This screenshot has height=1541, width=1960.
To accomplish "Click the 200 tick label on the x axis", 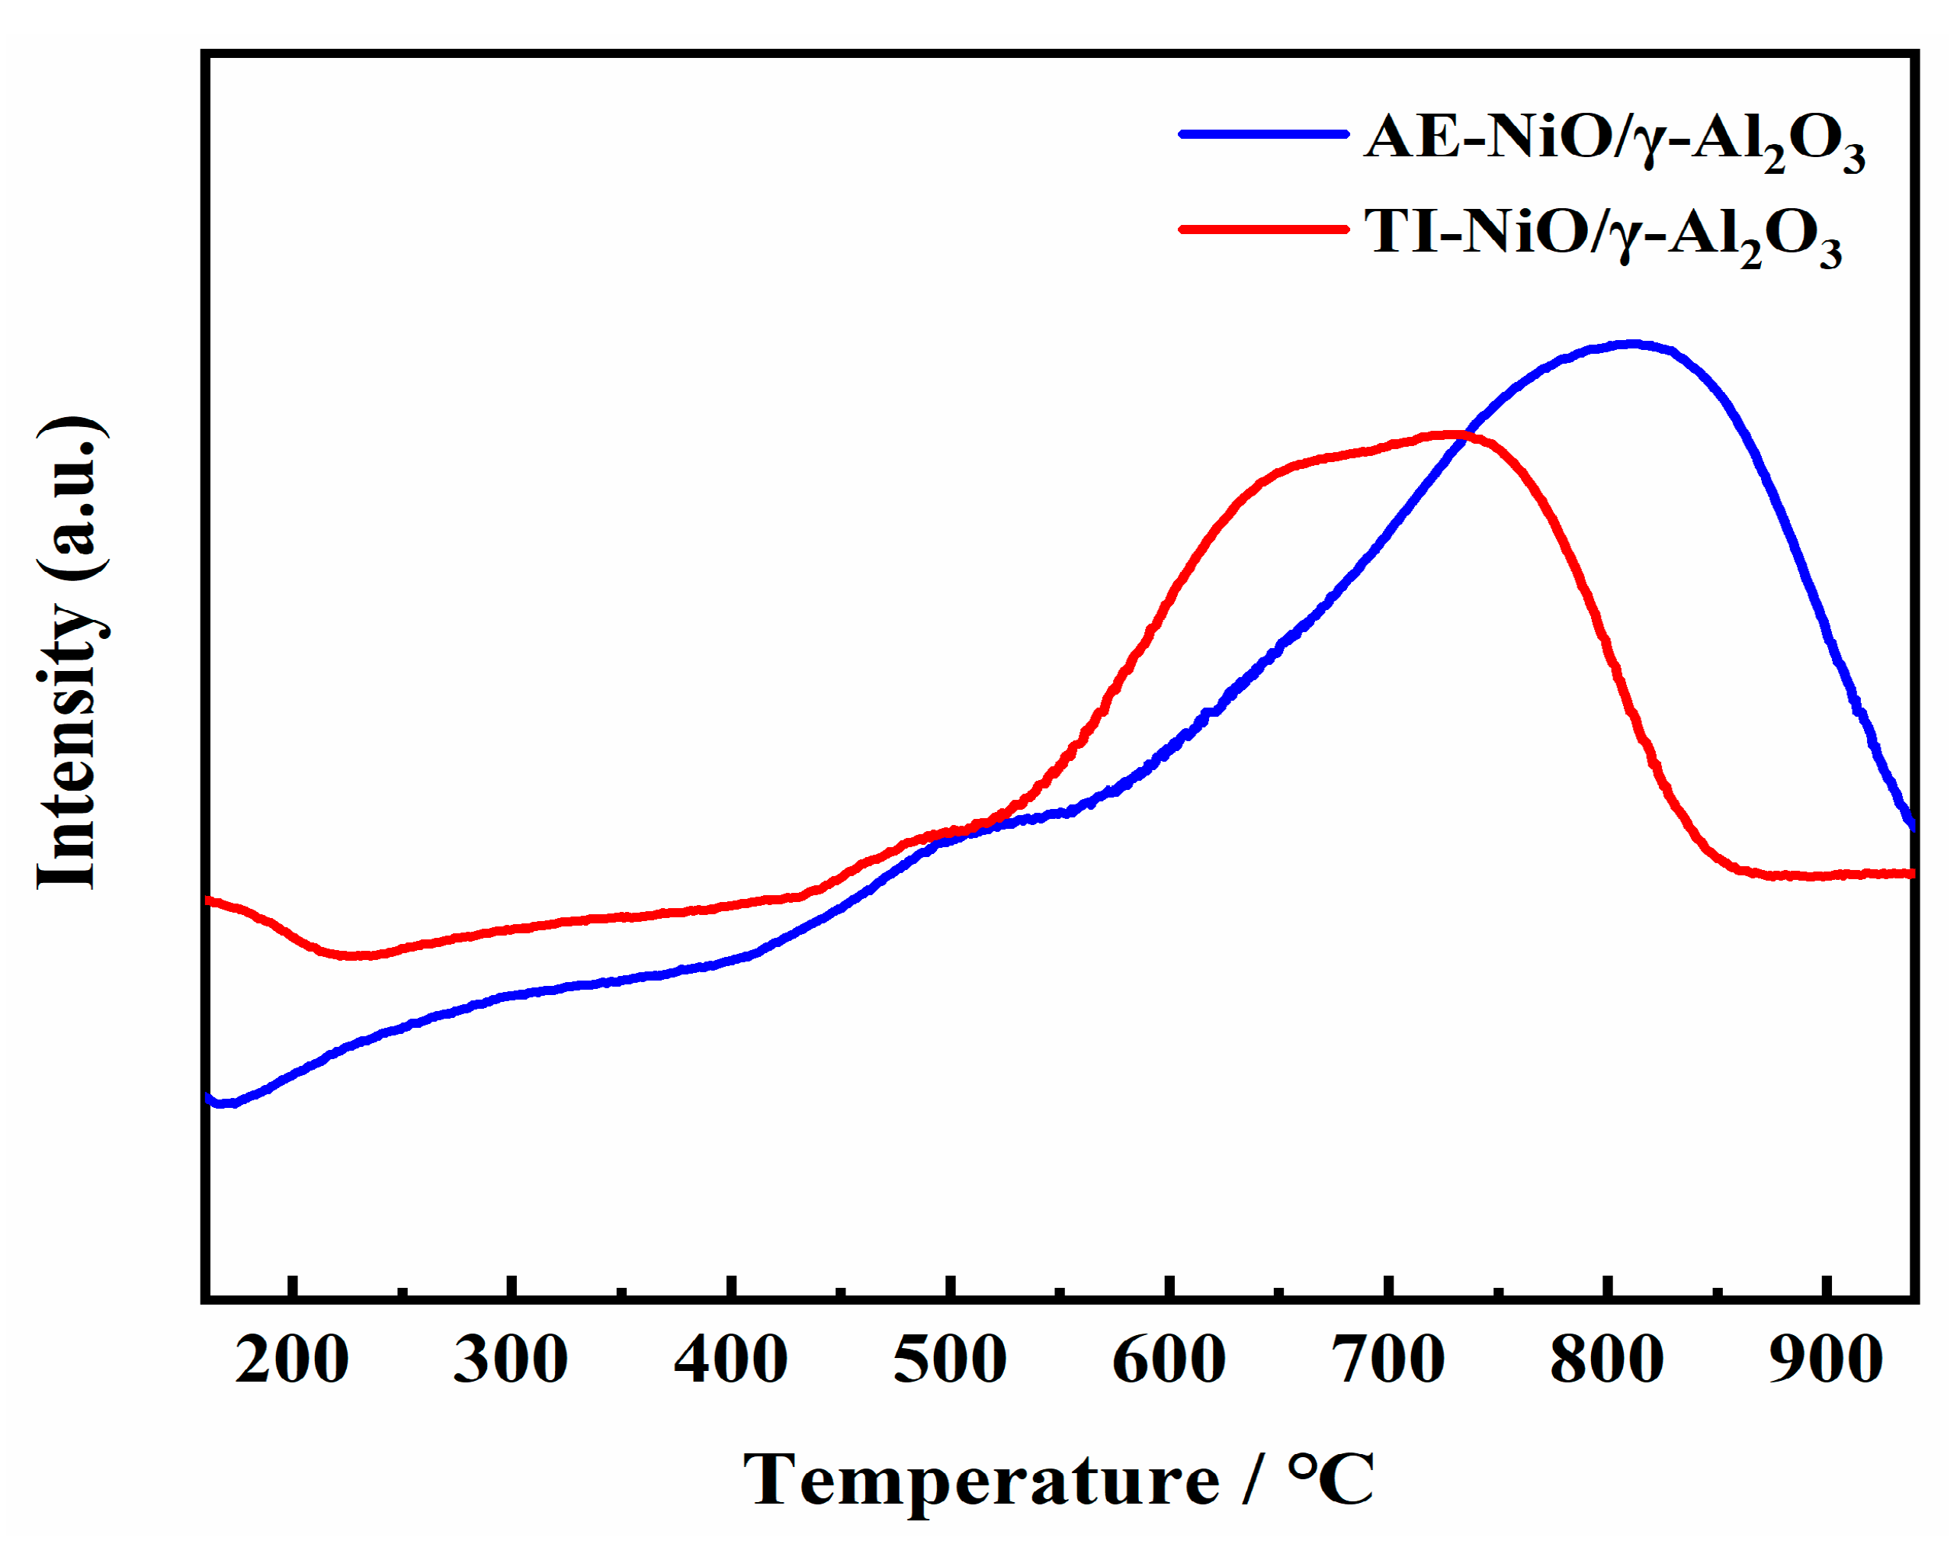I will pos(292,1360).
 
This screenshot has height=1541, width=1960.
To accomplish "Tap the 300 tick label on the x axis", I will pos(512,1360).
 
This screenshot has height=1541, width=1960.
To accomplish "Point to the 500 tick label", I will pos(951,1360).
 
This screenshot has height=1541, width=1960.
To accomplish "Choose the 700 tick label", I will pos(1389,1360).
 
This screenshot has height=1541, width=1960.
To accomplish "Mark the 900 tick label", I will pos(1827,1360).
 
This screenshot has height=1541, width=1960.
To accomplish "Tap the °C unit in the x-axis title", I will pos(1331,1481).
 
